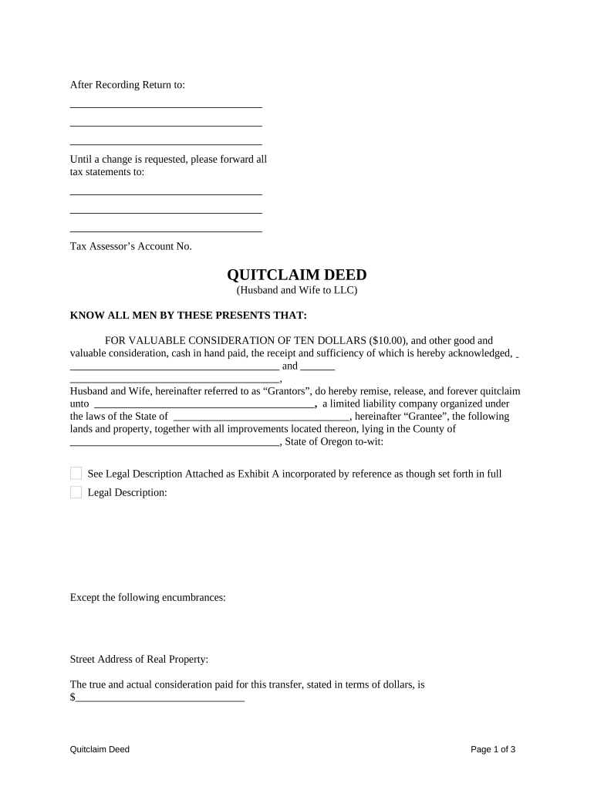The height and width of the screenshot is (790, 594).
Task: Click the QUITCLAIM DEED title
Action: click(x=296, y=275)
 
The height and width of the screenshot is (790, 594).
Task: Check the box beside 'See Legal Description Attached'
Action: click(x=76, y=473)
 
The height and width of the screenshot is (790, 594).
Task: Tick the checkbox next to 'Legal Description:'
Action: click(x=76, y=492)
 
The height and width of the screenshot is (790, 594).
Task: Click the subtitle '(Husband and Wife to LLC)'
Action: click(x=296, y=291)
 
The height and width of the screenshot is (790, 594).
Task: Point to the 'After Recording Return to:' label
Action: click(x=127, y=85)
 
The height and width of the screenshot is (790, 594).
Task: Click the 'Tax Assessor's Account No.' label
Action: click(x=130, y=247)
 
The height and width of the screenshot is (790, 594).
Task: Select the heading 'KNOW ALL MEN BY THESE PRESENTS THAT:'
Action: click(x=188, y=316)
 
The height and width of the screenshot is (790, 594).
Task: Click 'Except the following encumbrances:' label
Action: click(x=147, y=598)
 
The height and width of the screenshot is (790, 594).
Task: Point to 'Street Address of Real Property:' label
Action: click(x=139, y=660)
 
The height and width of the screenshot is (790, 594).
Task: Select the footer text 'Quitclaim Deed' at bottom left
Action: click(x=100, y=749)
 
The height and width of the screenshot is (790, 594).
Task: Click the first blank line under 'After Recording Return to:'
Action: click(x=166, y=106)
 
